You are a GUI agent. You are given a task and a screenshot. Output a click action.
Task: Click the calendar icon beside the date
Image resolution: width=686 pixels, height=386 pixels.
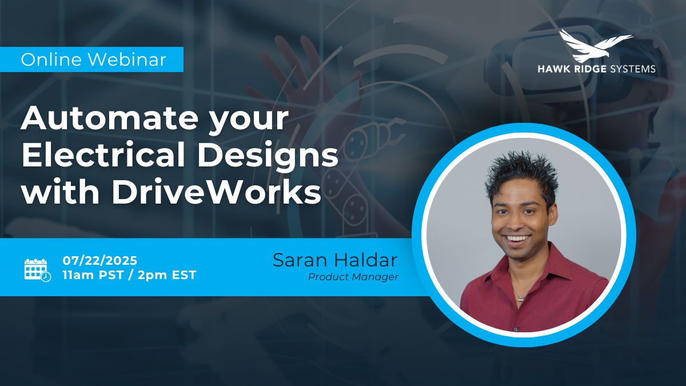tap(37, 270)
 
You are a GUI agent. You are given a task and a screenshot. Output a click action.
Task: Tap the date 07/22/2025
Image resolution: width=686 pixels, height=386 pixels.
tap(100, 261)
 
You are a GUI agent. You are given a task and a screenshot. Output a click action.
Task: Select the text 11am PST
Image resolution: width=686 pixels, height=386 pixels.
tap(93, 275)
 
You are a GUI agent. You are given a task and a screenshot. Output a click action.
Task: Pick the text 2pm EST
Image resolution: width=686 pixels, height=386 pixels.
tap(167, 275)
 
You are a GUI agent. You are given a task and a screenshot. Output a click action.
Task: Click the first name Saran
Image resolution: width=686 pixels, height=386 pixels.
tap(300, 260)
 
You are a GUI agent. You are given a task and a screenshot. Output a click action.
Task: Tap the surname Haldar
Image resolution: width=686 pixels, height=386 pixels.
tap(366, 260)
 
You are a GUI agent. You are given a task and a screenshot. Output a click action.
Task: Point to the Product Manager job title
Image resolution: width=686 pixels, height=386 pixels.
tap(353, 277)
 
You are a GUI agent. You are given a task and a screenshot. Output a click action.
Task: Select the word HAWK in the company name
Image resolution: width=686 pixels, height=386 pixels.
tap(554, 69)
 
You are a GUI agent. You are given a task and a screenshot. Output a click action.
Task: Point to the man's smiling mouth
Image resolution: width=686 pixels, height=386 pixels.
tap(517, 238)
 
